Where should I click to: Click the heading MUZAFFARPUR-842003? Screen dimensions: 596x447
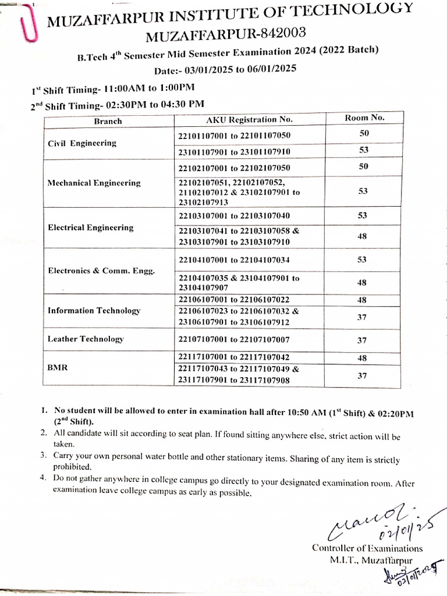click(x=225, y=36)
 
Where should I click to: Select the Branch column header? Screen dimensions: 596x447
click(x=108, y=121)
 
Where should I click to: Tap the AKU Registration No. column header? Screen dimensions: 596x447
click(x=249, y=119)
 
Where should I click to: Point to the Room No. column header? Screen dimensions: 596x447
click(x=364, y=117)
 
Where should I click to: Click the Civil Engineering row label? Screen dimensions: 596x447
click(x=82, y=143)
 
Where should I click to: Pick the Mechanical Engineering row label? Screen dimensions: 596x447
click(x=94, y=183)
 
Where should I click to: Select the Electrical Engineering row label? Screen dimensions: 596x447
click(x=90, y=228)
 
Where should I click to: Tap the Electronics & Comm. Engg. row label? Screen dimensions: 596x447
click(x=101, y=271)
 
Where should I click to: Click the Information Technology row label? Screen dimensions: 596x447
click(x=94, y=311)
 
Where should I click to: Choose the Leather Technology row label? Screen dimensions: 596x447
click(x=86, y=339)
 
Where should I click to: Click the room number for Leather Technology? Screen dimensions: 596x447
click(x=362, y=339)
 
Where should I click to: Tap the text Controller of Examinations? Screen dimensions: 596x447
click(x=367, y=548)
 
